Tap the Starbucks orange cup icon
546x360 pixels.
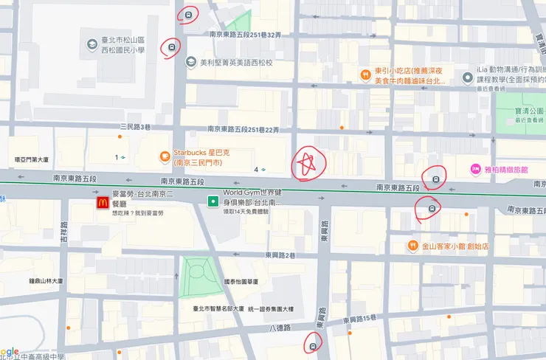[x=165, y=156]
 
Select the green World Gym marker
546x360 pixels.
[x=212, y=201]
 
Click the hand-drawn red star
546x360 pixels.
[x=306, y=165]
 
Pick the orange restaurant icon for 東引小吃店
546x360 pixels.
[x=364, y=75]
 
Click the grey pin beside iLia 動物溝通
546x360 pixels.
[x=467, y=77]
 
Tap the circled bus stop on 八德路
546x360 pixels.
[x=314, y=344]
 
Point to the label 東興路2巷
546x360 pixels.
[x=280, y=255]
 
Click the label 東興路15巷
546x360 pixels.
[x=360, y=319]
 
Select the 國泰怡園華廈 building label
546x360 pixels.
[x=242, y=281]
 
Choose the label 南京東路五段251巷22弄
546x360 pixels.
[x=244, y=130]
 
